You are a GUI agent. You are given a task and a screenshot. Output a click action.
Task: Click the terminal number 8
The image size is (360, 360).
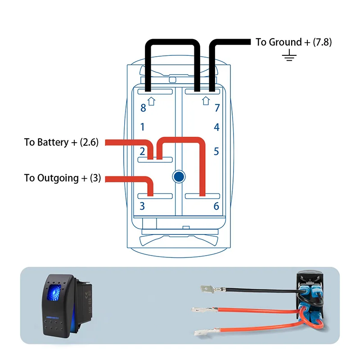143,108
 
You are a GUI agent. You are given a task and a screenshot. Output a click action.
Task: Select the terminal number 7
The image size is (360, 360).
217,108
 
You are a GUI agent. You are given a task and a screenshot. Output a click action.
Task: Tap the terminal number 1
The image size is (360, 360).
143,127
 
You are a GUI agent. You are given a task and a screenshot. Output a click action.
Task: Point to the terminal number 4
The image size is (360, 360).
216,127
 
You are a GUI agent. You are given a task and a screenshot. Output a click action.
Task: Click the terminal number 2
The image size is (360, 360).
142,151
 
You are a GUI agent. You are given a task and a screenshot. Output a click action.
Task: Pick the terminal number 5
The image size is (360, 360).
216,151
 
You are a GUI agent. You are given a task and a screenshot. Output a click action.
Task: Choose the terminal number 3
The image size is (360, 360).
142,207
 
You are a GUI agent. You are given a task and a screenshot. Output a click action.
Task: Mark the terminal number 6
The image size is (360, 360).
216,207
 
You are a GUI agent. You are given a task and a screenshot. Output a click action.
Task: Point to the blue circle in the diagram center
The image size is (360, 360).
179,176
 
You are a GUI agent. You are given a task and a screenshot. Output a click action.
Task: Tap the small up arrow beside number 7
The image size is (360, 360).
206,100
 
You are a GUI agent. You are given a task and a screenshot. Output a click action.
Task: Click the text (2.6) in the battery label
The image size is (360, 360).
89,143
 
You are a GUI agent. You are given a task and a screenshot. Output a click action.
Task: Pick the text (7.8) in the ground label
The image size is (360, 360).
323,42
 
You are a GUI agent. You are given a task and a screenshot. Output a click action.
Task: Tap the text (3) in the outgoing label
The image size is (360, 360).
95,178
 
